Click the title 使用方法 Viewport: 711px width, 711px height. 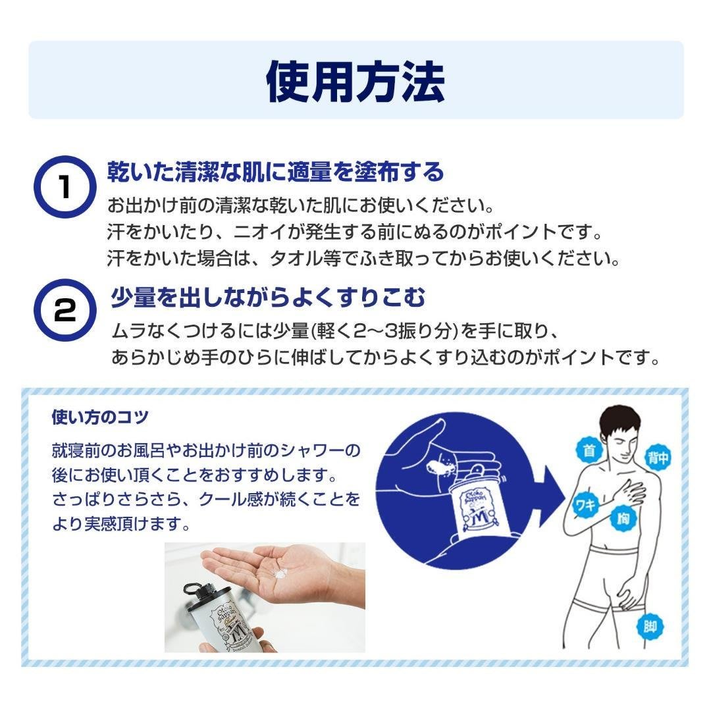tap(355, 82)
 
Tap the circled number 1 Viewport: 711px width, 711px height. tap(65, 187)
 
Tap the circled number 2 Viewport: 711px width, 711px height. tap(65, 310)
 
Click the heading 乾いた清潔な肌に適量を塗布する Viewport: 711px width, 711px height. tap(275, 172)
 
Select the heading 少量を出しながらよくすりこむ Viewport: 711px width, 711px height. tap(269, 298)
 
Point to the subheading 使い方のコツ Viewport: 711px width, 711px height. tap(100, 417)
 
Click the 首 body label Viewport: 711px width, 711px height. tap(589, 450)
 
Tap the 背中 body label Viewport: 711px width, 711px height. tap(658, 458)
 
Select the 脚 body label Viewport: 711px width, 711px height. tap(650, 627)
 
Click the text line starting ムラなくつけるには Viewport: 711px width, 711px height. tap(334, 331)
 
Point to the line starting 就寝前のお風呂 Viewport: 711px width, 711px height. tap(206, 450)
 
